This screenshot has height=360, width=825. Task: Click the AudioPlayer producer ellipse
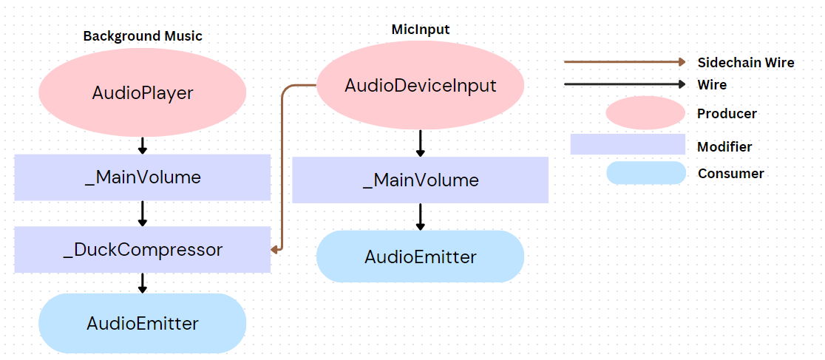[142, 93]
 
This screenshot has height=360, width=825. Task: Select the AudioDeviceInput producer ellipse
[421, 86]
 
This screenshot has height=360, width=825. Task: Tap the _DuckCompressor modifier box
[143, 250]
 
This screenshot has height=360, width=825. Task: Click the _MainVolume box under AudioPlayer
[143, 177]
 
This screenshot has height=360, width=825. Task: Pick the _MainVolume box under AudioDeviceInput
[421, 180]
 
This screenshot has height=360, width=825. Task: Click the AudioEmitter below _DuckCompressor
[143, 323]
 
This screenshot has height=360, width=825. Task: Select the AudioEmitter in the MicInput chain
[421, 257]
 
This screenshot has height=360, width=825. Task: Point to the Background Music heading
[143, 35]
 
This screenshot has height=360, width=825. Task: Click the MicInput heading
[421, 29]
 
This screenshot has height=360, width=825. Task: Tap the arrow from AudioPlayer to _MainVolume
[143, 145]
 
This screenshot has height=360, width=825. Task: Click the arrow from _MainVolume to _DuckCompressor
[143, 213]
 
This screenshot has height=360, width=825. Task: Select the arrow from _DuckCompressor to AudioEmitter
[143, 282]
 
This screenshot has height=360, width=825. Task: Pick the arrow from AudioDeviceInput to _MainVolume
[421, 143]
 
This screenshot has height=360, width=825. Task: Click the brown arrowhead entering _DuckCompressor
[274, 250]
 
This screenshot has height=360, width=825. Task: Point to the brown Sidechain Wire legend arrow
[625, 62]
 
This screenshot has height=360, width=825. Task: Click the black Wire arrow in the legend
[625, 84]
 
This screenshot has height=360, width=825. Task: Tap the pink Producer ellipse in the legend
[645, 113]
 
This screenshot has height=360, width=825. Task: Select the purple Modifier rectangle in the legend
[628, 144]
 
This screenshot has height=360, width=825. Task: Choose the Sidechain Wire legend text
[745, 62]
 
